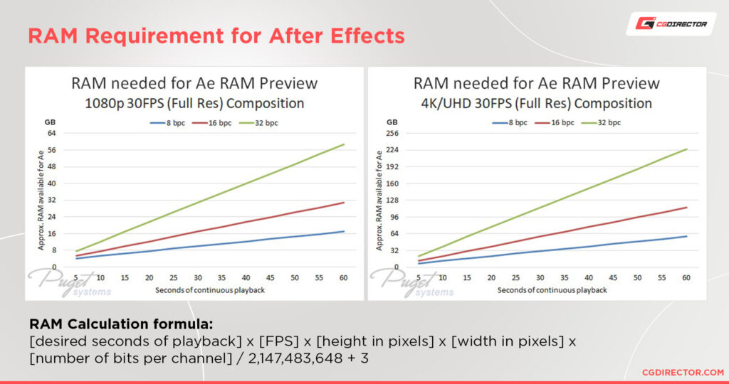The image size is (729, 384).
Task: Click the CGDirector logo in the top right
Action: tap(671, 24)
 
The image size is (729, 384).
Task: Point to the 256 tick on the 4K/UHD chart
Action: tap(392, 133)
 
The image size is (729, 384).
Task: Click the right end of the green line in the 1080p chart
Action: tap(344, 144)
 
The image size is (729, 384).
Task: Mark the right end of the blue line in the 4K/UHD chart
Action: tap(686, 236)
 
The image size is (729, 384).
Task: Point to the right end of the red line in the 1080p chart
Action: tap(344, 203)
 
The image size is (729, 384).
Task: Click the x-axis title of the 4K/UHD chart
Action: tap(552, 289)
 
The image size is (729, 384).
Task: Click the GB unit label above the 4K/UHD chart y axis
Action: tap(392, 122)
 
